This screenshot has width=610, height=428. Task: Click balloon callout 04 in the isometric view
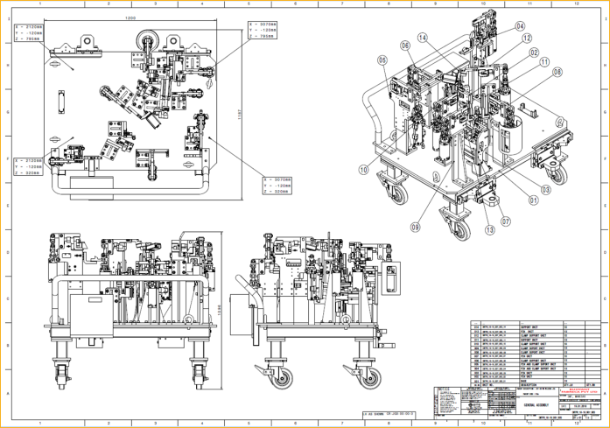click(520, 26)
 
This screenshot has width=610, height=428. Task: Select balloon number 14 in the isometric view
click(423, 38)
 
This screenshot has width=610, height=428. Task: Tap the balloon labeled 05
click(382, 60)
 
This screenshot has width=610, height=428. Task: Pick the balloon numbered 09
click(417, 226)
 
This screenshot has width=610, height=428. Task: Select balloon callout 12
click(527, 38)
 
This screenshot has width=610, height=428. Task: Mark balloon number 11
click(544, 62)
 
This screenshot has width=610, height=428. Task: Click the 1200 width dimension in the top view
click(130, 18)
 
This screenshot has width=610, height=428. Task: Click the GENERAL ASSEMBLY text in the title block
click(536, 407)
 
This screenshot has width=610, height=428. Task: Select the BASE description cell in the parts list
click(524, 382)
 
